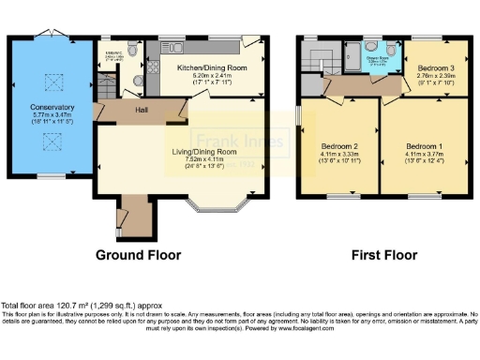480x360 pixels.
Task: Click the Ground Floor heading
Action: (137, 255)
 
